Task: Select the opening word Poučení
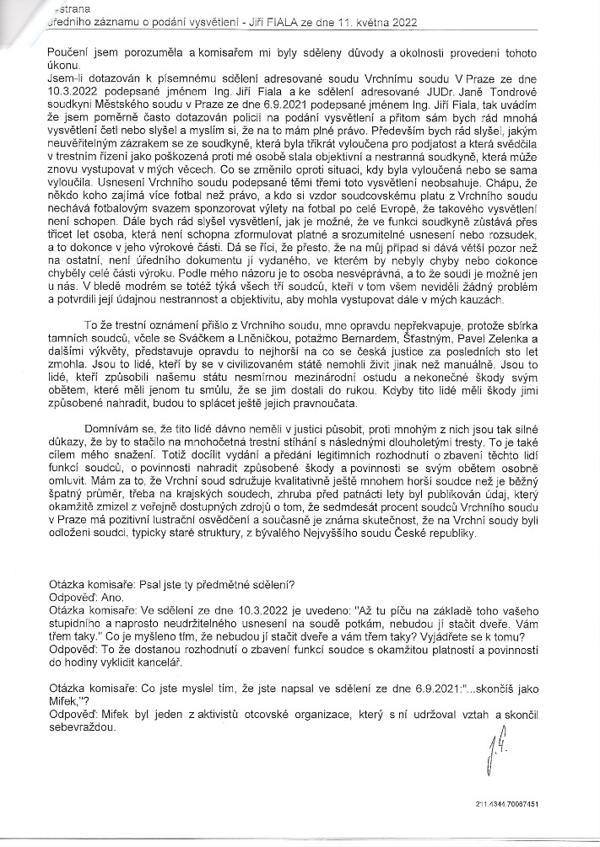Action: [71, 52]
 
